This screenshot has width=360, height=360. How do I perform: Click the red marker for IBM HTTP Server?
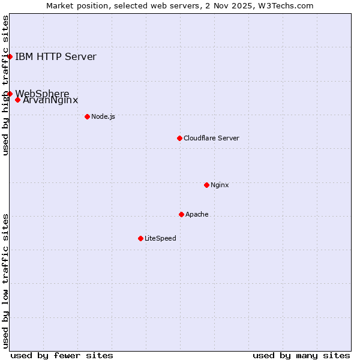click(10, 57)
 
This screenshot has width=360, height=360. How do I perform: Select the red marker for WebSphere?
click(10, 94)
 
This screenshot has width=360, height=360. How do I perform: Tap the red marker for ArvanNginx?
click(18, 100)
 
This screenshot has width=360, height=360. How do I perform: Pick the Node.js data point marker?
click(87, 116)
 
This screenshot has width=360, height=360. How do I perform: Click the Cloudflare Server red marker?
click(179, 138)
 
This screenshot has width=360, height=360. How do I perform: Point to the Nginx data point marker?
click(206, 185)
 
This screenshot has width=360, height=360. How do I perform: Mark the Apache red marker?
click(181, 214)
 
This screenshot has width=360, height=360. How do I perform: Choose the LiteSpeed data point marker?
click(140, 238)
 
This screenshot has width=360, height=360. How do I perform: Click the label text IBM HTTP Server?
click(55, 57)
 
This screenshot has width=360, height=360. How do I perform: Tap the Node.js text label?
click(103, 116)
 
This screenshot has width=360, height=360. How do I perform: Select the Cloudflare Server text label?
click(211, 138)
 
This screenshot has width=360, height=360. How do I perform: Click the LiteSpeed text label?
click(160, 238)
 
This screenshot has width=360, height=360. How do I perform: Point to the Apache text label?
click(197, 214)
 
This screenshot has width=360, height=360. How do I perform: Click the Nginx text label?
click(220, 185)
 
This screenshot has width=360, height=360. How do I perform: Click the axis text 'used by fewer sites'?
click(62, 355)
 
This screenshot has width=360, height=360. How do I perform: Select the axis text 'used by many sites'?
click(301, 355)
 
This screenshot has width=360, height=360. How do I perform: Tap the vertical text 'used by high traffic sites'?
click(5, 86)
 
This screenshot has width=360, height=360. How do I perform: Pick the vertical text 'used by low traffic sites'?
click(5, 280)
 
